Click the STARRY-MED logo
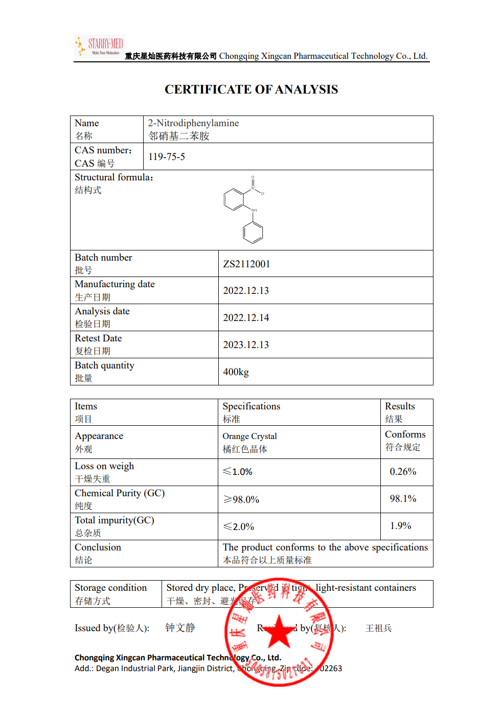(x=100, y=46)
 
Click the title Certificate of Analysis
(x=251, y=89)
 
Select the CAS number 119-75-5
(x=167, y=157)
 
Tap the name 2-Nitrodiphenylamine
(x=193, y=123)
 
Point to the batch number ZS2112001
(x=246, y=264)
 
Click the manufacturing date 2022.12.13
(x=246, y=291)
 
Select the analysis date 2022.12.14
(x=246, y=318)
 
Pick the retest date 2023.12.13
(x=246, y=345)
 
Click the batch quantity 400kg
(x=236, y=372)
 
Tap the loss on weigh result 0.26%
(x=403, y=472)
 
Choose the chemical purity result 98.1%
(x=403, y=499)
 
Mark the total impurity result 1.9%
(x=400, y=526)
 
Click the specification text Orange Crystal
(x=249, y=437)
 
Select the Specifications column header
(x=251, y=406)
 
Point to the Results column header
(x=400, y=406)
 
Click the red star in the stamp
(x=279, y=632)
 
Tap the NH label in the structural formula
(x=254, y=210)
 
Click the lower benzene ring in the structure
(x=253, y=233)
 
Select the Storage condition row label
(x=110, y=588)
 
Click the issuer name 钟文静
(x=180, y=628)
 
